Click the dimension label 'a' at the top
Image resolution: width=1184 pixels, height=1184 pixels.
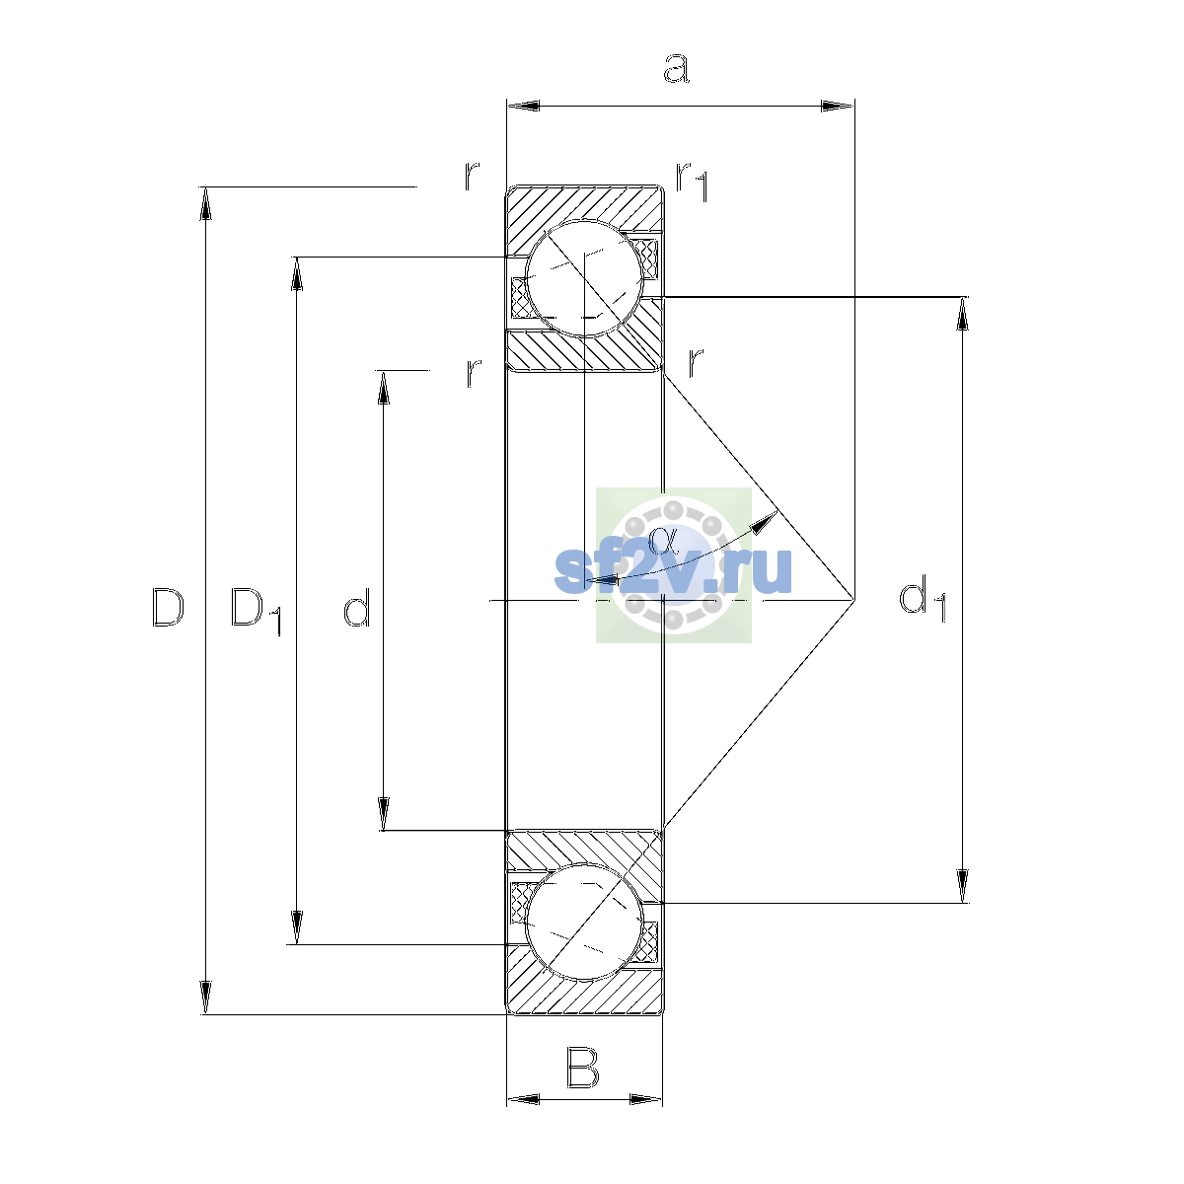(676, 68)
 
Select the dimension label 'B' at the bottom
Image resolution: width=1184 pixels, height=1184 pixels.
(582, 1068)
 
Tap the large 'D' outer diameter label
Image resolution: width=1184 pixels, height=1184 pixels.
(168, 607)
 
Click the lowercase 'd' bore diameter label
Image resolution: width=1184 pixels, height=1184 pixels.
(356, 607)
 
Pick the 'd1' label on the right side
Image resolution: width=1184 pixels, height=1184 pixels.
(923, 599)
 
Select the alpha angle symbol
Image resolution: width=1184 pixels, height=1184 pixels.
(662, 540)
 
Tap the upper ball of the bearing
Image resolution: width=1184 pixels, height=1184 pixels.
(584, 278)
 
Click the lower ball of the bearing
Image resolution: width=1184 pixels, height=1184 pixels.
(584, 923)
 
